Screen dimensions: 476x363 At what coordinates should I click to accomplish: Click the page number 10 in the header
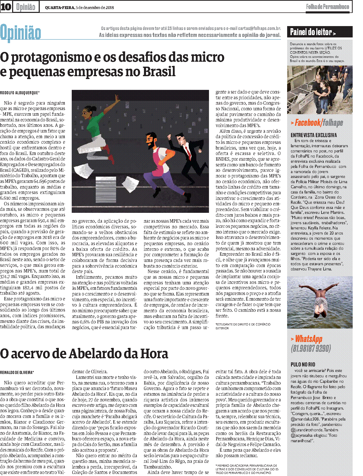point(6,7)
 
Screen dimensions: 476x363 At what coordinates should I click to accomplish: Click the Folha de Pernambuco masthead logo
point(327,7)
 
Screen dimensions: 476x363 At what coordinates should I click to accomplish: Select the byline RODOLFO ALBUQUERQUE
point(20,92)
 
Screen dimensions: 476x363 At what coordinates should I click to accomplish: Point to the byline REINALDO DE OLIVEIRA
point(17,372)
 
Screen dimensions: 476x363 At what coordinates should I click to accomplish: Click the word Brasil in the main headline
point(159,72)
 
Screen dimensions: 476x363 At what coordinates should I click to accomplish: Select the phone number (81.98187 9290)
point(311,348)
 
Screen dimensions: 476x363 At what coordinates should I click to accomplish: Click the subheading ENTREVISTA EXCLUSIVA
point(314,135)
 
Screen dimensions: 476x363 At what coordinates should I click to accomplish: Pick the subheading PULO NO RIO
point(303,364)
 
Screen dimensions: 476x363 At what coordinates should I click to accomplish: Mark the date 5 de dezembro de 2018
point(95,7)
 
